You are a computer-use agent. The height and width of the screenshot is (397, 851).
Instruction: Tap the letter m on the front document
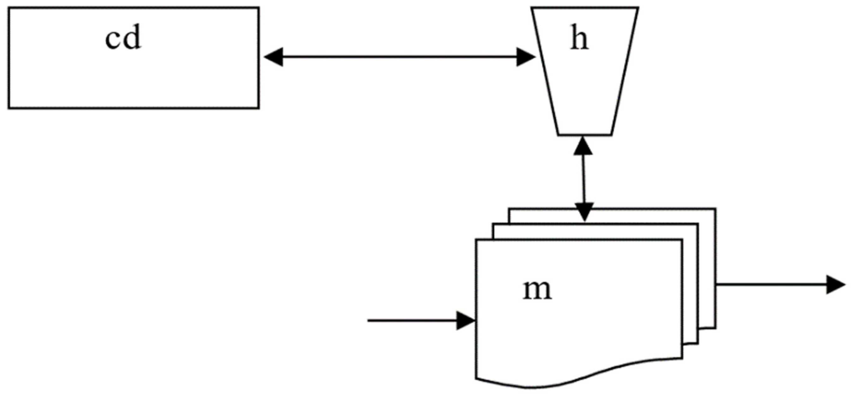click(537, 290)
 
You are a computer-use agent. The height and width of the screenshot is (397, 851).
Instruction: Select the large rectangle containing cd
click(134, 79)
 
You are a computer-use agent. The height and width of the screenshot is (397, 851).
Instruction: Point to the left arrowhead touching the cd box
click(273, 57)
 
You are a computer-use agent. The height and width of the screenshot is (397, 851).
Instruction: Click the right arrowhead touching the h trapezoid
click(526, 57)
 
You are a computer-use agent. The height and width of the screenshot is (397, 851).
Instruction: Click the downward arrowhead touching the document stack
click(584, 212)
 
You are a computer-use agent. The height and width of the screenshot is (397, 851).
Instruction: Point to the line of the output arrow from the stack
click(770, 284)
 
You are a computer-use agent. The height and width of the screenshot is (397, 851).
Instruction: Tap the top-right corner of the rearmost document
click(716, 209)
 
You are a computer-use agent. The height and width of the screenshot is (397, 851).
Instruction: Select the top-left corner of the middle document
click(493, 224)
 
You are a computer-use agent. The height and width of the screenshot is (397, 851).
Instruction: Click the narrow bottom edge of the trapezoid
click(585, 135)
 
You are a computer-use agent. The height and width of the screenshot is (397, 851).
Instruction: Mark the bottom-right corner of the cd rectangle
click(259, 108)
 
